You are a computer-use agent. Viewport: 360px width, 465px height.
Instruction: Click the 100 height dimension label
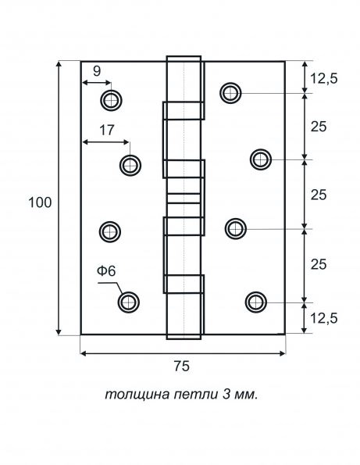point(40,202)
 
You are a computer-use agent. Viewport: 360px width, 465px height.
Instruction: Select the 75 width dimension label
point(181,366)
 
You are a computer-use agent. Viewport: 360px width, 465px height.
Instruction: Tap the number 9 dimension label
point(97,71)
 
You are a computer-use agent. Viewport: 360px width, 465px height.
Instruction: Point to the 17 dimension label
point(107,131)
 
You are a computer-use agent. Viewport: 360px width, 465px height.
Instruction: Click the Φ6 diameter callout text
point(106,270)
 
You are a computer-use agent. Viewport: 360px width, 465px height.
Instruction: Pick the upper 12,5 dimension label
point(324,79)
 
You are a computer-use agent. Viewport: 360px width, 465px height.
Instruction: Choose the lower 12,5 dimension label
point(324,318)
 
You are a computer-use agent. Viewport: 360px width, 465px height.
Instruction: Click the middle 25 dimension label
point(319,195)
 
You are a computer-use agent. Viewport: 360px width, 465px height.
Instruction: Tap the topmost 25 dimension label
point(319,127)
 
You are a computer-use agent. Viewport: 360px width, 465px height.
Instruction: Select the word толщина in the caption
point(137,395)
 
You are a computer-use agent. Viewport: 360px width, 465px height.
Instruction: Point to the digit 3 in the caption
point(226,395)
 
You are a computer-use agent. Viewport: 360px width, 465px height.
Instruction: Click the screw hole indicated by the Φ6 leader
point(129,302)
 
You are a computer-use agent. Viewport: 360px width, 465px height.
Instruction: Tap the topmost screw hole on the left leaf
point(111,100)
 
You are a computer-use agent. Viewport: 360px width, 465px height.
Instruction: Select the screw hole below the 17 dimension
point(130,165)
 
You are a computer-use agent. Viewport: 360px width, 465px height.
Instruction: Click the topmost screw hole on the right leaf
point(230,93)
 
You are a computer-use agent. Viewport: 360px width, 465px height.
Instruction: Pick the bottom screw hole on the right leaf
point(256,302)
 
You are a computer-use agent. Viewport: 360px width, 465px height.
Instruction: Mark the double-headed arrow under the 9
point(97,83)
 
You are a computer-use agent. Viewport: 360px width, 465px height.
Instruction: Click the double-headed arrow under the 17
point(106,142)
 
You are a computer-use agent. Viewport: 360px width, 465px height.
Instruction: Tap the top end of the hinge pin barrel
point(184,56)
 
